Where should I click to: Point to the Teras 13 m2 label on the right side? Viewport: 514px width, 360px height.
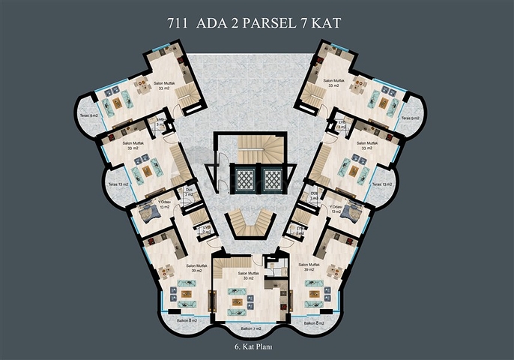tap(382, 184)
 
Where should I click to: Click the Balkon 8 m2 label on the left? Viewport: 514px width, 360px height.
tap(187, 321)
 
